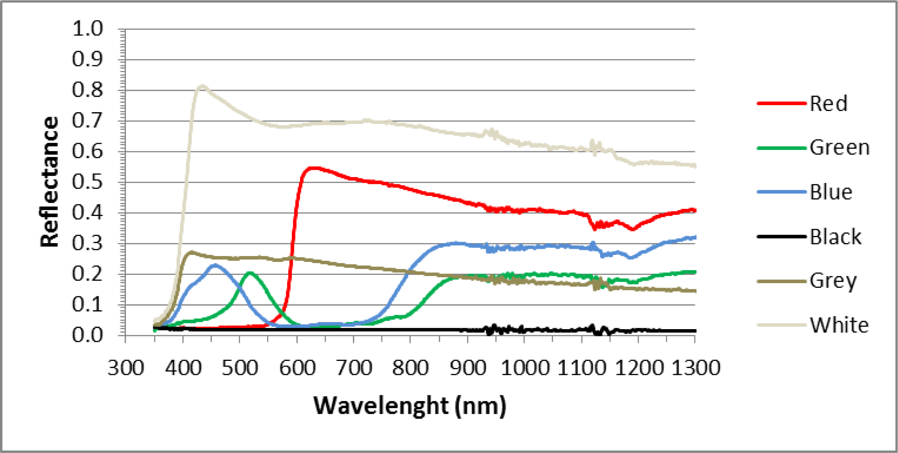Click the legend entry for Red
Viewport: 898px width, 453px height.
828,104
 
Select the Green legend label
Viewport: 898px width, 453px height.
839,148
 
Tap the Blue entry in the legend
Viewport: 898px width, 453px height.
831,192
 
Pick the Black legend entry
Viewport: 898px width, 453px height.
835,237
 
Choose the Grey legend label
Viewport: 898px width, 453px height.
833,281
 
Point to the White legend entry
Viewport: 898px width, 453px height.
839,325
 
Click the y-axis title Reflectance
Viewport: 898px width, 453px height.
49,182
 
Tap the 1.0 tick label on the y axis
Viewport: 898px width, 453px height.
87,29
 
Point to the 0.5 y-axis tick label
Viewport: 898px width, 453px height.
87,182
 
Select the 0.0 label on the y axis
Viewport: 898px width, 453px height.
87,336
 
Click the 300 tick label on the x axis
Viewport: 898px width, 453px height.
126,368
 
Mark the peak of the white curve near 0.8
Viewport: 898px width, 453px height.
202,86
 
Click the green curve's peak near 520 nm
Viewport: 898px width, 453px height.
250,273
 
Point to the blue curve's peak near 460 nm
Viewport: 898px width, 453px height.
215,265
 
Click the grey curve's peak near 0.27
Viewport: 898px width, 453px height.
192,252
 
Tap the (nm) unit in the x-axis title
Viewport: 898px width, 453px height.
481,406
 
